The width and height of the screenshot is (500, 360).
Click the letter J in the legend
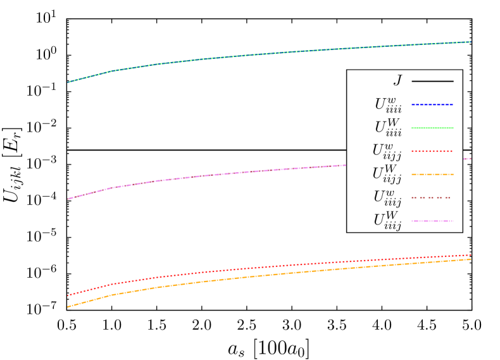click(x=397, y=81)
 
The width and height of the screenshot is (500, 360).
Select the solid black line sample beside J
click(x=432, y=81)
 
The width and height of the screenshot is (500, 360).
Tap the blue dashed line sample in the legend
click(x=432, y=104)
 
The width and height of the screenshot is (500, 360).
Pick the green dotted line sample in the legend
click(x=432, y=128)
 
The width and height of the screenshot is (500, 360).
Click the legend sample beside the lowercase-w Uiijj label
click(x=432, y=151)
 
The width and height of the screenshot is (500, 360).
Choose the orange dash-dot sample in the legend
click(x=432, y=174)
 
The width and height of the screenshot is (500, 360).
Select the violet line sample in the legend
click(x=432, y=221)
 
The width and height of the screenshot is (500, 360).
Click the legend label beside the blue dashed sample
click(x=387, y=105)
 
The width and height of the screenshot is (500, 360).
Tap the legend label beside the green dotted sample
click(x=387, y=128)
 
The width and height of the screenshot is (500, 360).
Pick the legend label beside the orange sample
click(x=386, y=175)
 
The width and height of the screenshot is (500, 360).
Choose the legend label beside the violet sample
click(x=387, y=221)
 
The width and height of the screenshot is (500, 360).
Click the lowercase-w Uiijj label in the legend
click(x=386, y=152)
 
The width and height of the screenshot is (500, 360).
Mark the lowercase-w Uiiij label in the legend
click(x=387, y=198)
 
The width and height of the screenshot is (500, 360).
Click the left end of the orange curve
click(x=68, y=307)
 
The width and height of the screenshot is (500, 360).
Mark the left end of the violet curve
click(x=68, y=199)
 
